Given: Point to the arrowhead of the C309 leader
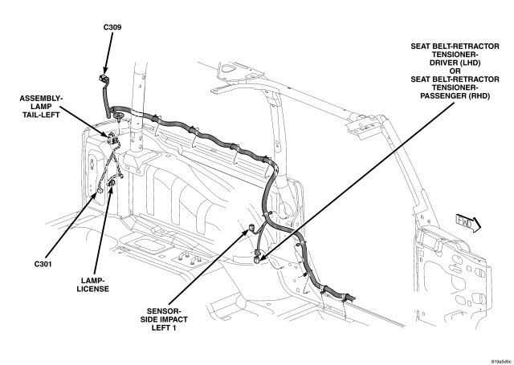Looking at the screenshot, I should coord(104,74).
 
